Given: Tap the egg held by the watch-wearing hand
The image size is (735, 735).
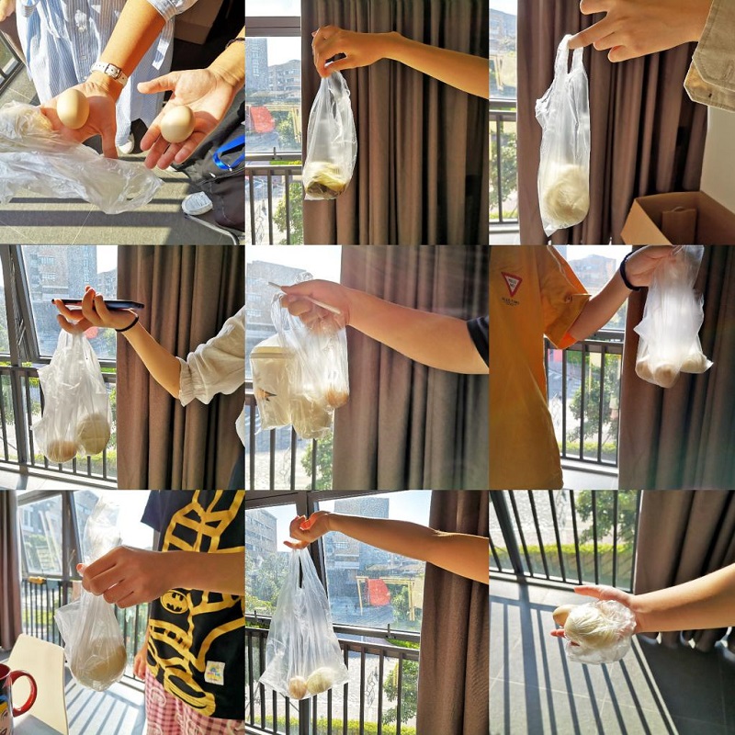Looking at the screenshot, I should click(x=73, y=108).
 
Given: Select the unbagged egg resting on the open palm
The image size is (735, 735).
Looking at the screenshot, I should click(x=176, y=124).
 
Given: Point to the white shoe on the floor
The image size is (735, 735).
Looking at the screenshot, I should click(x=197, y=203).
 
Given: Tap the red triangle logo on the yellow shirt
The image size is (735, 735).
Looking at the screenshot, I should click(x=513, y=284).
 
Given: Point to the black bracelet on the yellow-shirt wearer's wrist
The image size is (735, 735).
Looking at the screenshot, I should click(x=625, y=273).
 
